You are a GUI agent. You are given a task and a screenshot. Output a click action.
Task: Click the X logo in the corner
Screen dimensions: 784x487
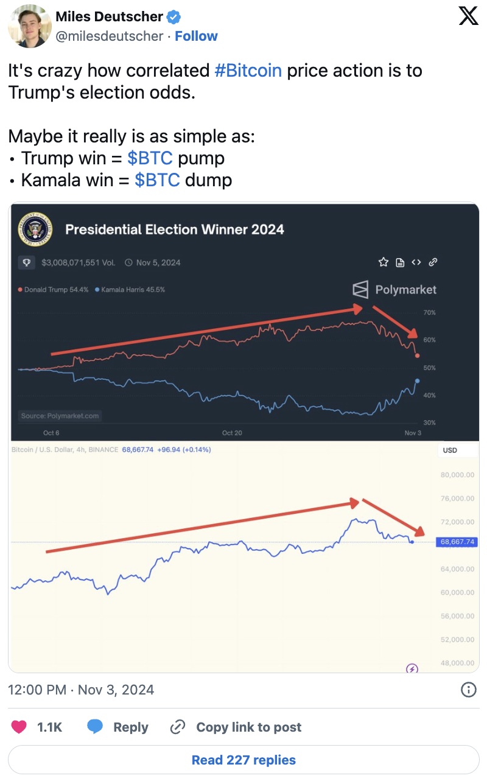pos(468,16)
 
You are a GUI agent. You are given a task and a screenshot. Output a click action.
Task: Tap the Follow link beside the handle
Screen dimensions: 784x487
pos(196,36)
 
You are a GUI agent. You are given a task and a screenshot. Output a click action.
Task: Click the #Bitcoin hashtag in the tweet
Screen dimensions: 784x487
pos(248,71)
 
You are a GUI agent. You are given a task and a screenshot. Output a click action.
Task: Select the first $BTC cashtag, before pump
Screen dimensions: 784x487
pos(150,158)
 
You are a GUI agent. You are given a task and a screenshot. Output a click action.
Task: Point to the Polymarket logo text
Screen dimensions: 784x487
pos(405,289)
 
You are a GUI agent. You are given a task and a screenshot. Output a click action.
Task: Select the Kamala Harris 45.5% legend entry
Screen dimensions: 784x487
pos(130,290)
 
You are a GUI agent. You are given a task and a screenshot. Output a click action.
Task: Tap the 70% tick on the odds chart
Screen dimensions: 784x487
pos(429,312)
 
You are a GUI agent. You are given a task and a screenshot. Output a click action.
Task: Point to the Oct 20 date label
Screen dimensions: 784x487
pos(232,433)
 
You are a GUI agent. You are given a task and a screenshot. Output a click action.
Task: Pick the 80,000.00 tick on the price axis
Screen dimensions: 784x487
pos(457,475)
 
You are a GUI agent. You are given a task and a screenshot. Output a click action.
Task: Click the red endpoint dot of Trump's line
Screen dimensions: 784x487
pos(417,355)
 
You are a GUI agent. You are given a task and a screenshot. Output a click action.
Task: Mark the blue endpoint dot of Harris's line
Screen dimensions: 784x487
pos(417,381)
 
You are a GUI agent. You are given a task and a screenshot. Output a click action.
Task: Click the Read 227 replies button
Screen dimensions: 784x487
pos(243,760)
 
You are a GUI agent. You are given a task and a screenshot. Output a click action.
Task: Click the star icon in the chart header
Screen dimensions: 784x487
pos(384,262)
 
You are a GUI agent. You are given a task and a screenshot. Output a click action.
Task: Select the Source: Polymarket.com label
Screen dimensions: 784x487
pos(60,416)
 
